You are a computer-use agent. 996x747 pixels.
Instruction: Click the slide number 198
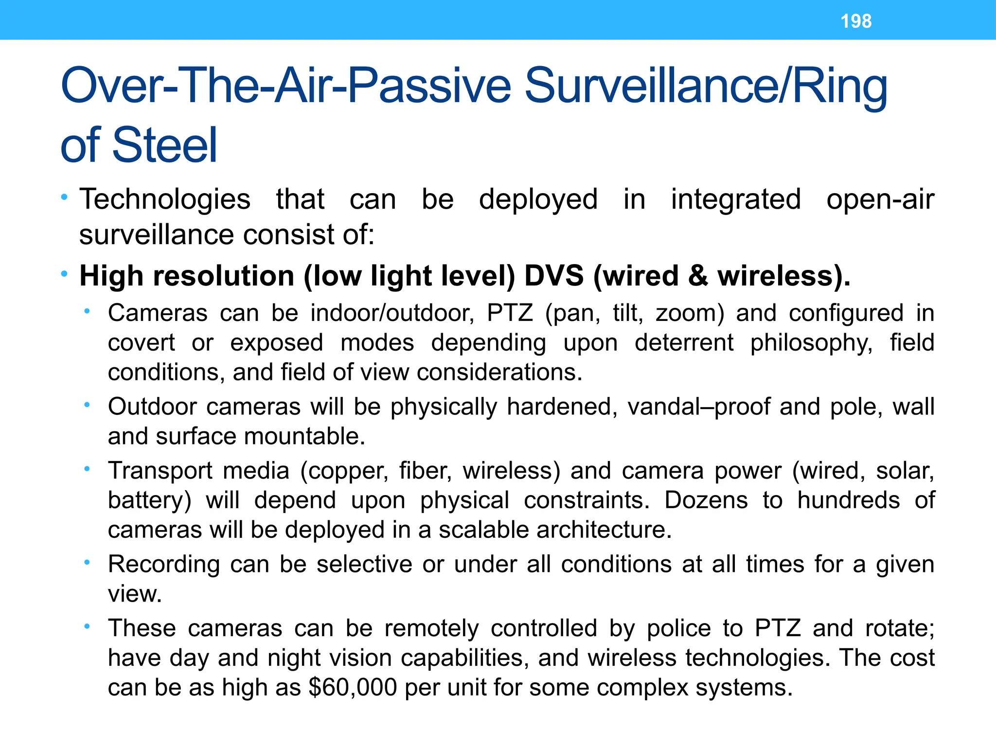coord(856,21)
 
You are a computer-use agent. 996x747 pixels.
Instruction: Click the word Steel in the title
coord(165,145)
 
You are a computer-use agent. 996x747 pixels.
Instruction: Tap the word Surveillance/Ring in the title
coord(705,86)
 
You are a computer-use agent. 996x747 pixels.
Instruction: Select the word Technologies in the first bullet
coord(165,199)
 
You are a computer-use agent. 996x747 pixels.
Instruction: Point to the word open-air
coord(880,199)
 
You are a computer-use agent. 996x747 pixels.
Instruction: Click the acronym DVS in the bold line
coord(554,276)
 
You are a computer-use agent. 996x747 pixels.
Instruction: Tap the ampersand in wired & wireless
coord(698,276)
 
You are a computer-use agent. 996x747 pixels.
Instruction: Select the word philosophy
coord(811,342)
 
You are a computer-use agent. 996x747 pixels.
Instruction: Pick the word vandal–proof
coord(699,407)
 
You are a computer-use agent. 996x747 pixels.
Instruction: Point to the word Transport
coord(160,471)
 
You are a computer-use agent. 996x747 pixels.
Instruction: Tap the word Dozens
coord(706,500)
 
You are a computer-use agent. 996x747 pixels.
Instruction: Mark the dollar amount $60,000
coord(353,688)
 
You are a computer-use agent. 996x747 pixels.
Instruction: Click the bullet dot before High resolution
coord(64,274)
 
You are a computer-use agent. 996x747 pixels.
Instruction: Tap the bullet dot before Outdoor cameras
coord(87,404)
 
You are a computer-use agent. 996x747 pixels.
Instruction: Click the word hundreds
coord(849,500)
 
